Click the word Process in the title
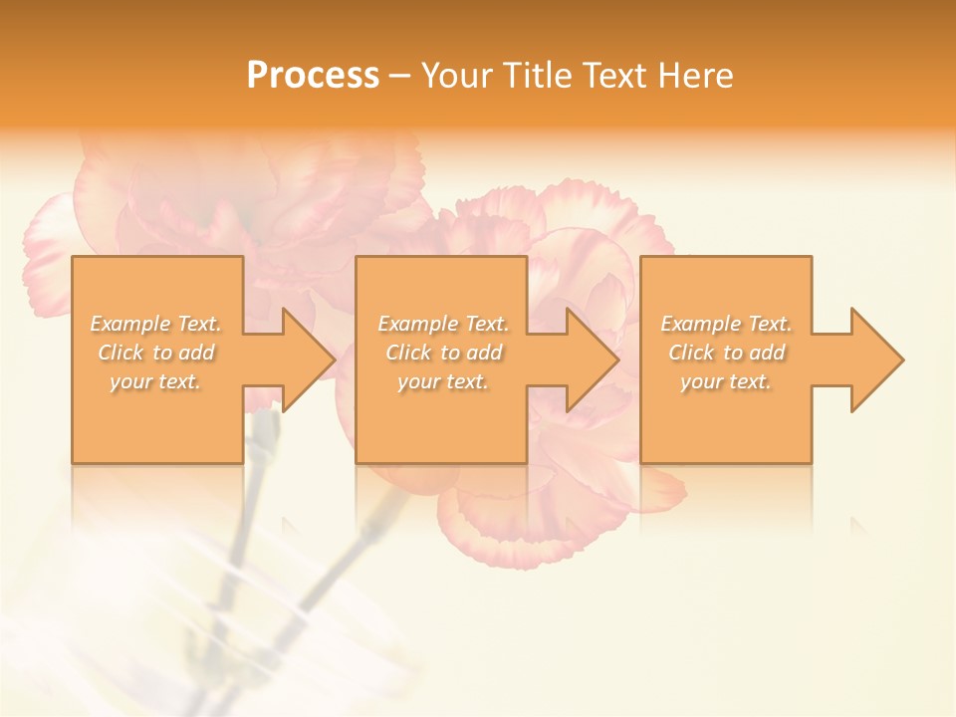click(313, 76)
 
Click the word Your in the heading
click(455, 76)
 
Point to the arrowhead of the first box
click(305, 359)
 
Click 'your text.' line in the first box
click(155, 381)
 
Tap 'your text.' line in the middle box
click(442, 381)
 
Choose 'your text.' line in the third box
click(726, 381)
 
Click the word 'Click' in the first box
click(120, 353)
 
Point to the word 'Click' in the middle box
click(408, 353)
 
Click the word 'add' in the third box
click(768, 353)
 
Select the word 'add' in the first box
click(197, 353)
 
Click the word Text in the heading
click(613, 76)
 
